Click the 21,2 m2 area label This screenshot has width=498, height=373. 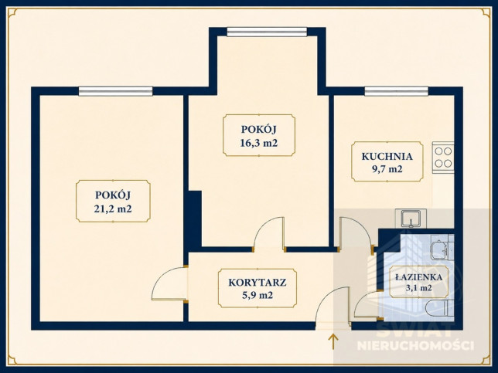pos(113,209)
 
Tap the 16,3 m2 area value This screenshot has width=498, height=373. pos(259,143)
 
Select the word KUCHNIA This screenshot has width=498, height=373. pos(387,156)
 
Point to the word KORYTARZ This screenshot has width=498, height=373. pos(258,283)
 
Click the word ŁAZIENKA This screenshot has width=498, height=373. pos(418,277)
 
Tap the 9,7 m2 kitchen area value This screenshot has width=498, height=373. pos(387,169)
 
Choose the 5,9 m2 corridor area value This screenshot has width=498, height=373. pos(258,295)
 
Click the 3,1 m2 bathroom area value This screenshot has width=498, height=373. pos(418,288)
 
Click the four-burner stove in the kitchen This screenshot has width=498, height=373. pos(443,158)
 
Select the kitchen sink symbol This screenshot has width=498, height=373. pos(411,219)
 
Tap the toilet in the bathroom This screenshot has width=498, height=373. pos(439,307)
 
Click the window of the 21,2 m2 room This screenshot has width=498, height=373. pos(116,91)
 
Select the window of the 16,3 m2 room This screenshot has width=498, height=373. pos(267,32)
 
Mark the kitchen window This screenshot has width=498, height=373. pos(396,91)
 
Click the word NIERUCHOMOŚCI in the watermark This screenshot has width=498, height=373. pos(415,345)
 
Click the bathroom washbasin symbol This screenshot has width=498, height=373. pos(439,248)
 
